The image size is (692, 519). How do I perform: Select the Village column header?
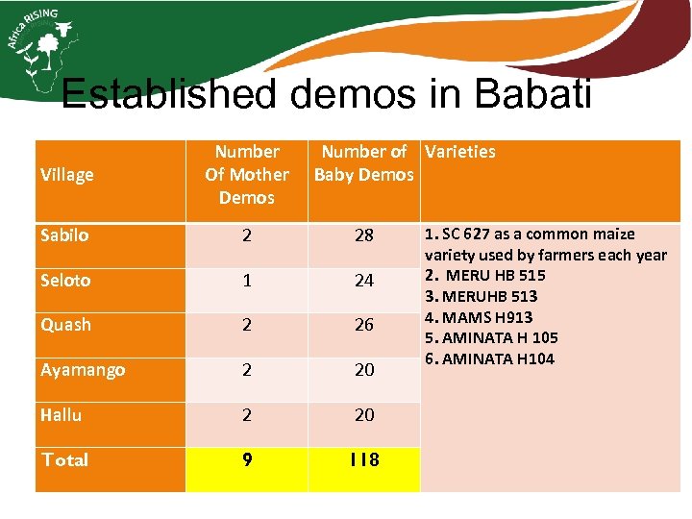pyautogui.click(x=67, y=175)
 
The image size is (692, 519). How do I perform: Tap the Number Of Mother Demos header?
pyautogui.click(x=246, y=175)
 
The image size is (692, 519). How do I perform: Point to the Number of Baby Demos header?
pyautogui.click(x=364, y=163)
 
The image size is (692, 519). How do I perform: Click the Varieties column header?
pyautogui.click(x=460, y=152)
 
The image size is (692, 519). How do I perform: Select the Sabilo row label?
pyautogui.click(x=64, y=235)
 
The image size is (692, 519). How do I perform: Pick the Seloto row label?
pyautogui.click(x=65, y=281)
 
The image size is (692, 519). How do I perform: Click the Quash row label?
pyautogui.click(x=65, y=325)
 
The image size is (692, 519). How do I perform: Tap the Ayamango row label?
pyautogui.click(x=83, y=370)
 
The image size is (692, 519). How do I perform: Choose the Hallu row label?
pyautogui.click(x=61, y=415)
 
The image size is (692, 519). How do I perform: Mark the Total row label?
pyautogui.click(x=64, y=459)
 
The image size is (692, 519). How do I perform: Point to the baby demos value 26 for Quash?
pyautogui.click(x=364, y=326)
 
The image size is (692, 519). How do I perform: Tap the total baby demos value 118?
pyautogui.click(x=364, y=460)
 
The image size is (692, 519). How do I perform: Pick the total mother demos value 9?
pyautogui.click(x=247, y=460)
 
